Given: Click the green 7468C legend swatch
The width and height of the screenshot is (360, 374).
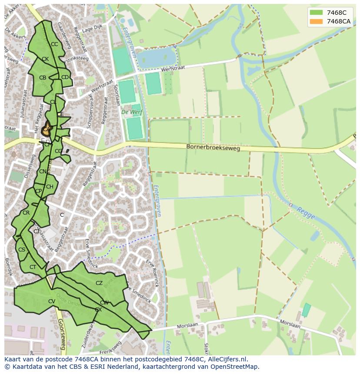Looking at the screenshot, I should (x=317, y=13).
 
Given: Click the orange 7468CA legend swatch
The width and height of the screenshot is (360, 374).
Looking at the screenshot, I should (x=317, y=21).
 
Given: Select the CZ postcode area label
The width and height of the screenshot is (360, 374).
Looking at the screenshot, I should (x=99, y=283).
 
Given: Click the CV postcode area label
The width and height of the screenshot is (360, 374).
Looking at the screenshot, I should (x=52, y=301).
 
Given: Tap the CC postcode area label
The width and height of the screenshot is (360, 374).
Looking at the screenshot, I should (x=54, y=44).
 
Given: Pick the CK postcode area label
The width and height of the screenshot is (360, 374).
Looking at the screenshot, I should (x=45, y=59).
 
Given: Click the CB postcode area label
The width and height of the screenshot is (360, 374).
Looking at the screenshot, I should (x=43, y=78).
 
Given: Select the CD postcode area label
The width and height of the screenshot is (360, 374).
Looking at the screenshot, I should (x=65, y=77).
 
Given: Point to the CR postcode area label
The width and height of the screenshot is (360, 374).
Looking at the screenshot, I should (x=26, y=213).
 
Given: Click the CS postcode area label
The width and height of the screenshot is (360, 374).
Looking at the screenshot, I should (x=22, y=250).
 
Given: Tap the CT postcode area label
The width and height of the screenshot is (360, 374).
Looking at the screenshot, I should (x=33, y=267).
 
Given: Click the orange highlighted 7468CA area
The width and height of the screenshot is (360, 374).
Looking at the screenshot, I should (x=46, y=129).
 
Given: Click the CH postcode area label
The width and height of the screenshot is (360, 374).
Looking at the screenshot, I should (x=50, y=187).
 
